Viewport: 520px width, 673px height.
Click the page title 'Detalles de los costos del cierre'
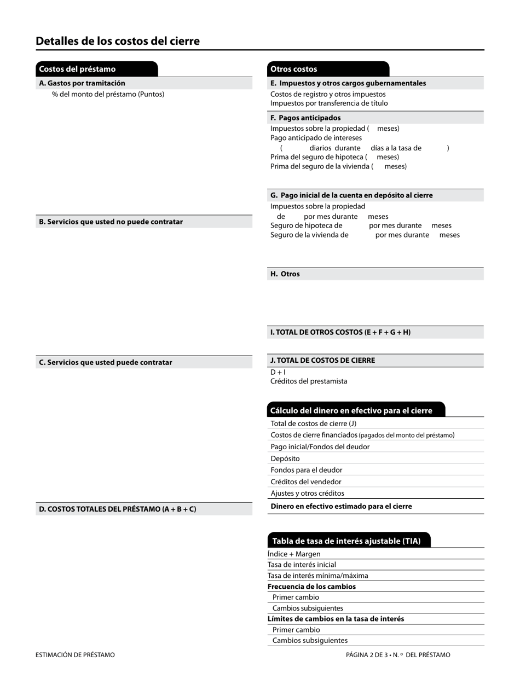pyautogui.click(x=118, y=41)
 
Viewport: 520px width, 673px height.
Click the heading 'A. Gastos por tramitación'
pyautogui.click(x=82, y=83)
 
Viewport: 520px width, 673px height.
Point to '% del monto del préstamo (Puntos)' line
pyautogui.click(x=108, y=94)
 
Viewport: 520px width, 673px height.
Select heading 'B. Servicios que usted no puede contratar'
pyautogui.click(x=111, y=222)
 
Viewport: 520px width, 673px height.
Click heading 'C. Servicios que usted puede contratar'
pyautogui.click(x=106, y=362)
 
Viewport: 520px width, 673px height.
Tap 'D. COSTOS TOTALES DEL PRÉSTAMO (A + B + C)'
pyautogui.click(x=117, y=509)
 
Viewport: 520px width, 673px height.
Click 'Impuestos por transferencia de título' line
pyautogui.click(x=329, y=103)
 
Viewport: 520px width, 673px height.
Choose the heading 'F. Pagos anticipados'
pyautogui.click(x=305, y=118)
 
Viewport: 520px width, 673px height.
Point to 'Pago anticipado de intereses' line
pyautogui.click(x=316, y=138)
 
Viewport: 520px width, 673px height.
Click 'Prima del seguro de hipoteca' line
pyautogui.click(x=334, y=157)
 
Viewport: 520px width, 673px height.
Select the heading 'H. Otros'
pyautogui.click(x=285, y=274)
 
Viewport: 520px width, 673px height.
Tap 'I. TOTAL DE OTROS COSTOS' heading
pyautogui.click(x=340, y=332)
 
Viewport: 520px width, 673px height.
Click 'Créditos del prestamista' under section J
pyautogui.click(x=309, y=381)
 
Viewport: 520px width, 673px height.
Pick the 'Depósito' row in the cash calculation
pyautogui.click(x=285, y=459)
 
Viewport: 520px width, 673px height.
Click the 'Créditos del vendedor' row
pyautogui.click(x=306, y=481)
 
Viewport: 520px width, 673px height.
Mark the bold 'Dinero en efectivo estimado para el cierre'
pyautogui.click(x=341, y=506)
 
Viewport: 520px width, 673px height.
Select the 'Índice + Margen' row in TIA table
pyautogui.click(x=294, y=554)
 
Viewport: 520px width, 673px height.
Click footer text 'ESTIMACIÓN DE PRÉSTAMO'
pyautogui.click(x=76, y=654)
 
